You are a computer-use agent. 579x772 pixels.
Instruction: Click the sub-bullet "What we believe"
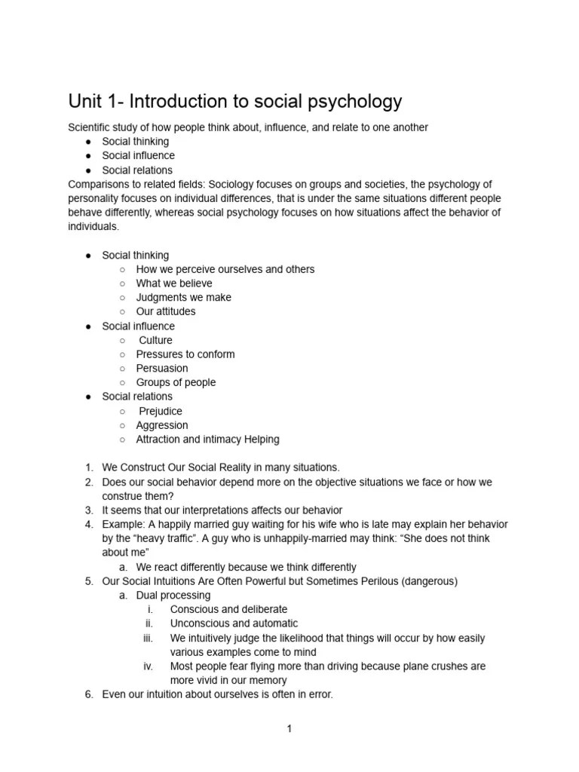pos(174,283)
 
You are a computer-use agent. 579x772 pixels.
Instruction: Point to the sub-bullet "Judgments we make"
pos(183,297)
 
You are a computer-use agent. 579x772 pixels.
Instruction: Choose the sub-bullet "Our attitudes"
pos(165,311)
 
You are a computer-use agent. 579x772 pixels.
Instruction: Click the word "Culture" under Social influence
pos(155,340)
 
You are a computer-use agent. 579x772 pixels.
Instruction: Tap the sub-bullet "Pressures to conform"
pos(185,354)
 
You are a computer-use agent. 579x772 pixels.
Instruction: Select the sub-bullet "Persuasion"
pos(162,368)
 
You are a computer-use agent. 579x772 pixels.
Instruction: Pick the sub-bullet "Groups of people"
pos(176,382)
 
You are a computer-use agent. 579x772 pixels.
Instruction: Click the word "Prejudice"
pos(160,411)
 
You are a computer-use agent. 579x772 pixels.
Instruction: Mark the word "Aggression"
pos(162,425)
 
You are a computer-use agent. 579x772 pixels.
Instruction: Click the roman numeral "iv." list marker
pos(149,666)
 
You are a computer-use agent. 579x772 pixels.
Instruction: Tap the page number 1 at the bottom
pos(289,729)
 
